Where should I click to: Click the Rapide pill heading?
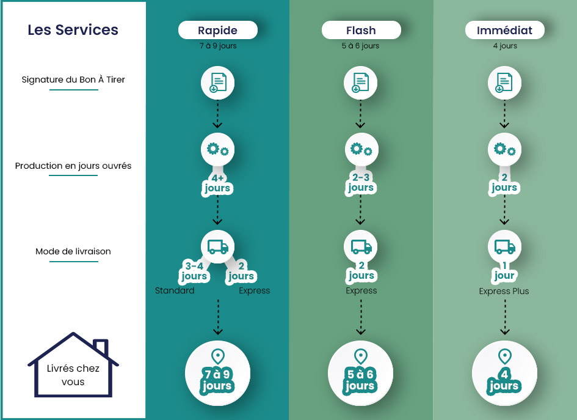(x=218, y=30)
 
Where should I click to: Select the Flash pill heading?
(x=361, y=30)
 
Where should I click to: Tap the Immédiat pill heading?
(x=504, y=30)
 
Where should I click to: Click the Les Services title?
(x=73, y=30)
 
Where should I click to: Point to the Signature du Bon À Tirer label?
(x=73, y=79)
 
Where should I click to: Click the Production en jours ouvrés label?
(x=73, y=166)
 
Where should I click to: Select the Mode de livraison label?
(x=73, y=252)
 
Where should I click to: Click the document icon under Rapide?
(x=217, y=83)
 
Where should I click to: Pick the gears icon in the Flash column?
(x=361, y=150)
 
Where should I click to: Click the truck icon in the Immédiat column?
(x=504, y=247)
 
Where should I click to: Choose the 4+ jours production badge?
(x=217, y=183)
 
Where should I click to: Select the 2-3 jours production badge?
(x=361, y=183)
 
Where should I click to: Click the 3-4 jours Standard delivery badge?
(x=194, y=271)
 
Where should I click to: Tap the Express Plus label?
(x=504, y=291)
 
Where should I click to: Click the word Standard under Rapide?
(x=175, y=290)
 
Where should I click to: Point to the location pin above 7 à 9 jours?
(x=218, y=356)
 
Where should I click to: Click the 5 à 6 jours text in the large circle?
(x=360, y=380)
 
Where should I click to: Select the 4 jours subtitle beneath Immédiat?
(x=505, y=46)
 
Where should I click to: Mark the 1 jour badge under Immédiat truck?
(x=504, y=271)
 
